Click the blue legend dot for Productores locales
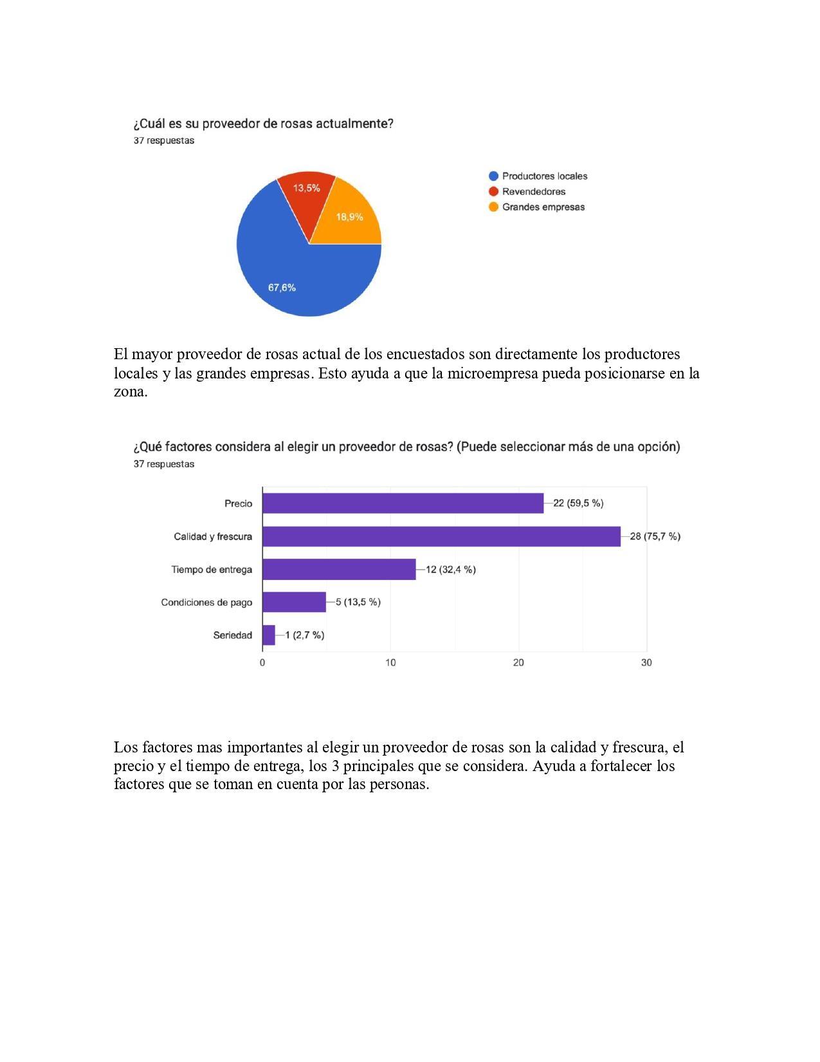point(494,176)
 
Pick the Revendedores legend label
point(533,191)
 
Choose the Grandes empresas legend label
point(543,207)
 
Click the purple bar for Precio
point(403,503)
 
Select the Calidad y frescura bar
point(441,536)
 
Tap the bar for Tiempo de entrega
point(339,570)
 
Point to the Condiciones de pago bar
point(294,602)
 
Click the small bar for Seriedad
point(268,635)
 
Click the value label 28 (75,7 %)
point(655,536)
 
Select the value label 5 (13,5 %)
point(358,602)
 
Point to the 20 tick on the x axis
point(518,663)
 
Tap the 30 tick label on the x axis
point(646,663)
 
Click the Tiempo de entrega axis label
point(212,570)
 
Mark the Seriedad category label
point(232,635)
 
